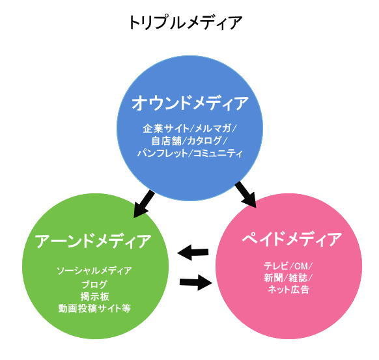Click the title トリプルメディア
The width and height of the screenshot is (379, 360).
click(186, 23)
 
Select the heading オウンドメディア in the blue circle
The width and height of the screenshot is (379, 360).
click(190, 103)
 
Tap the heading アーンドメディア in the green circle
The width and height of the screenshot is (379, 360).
click(93, 241)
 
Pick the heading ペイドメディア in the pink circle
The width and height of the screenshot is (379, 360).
click(292, 239)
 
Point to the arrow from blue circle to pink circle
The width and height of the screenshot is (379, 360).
click(246, 195)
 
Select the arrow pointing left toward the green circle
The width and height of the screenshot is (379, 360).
click(193, 253)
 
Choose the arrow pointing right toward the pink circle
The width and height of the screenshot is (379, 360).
click(195, 282)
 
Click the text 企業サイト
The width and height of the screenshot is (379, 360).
click(166, 128)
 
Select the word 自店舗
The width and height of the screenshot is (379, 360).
click(166, 141)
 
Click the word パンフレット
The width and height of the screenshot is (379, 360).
click(162, 153)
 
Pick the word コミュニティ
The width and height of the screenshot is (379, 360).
click(218, 153)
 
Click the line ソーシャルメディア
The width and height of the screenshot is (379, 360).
click(94, 271)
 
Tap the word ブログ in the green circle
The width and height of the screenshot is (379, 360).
click(94, 284)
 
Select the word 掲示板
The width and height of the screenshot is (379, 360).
click(95, 296)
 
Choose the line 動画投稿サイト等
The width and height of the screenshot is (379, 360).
click(94, 309)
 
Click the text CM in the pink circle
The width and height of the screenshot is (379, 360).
click(301, 266)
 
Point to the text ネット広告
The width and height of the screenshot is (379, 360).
click(288, 290)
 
